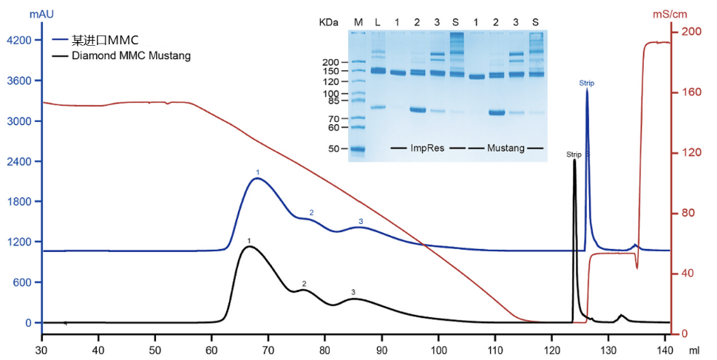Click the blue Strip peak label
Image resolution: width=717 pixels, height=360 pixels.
tap(587, 84)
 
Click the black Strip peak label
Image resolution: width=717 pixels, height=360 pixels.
tap(574, 154)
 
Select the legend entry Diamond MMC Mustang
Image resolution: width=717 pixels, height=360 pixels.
tap(130, 55)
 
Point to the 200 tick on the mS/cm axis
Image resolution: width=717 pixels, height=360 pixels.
tap(692, 32)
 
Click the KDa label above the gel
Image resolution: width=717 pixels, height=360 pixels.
tap(330, 22)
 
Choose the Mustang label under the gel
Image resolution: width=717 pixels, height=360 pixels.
tap(506, 148)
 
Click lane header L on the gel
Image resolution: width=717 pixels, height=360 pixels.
tap(378, 22)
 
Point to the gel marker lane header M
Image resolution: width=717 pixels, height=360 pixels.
tap(358, 22)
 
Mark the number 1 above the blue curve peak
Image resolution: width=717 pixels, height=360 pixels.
tap(258, 172)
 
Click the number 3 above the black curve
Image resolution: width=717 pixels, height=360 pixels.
tap(353, 293)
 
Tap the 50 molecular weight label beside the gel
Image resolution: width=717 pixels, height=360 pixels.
tap(333, 149)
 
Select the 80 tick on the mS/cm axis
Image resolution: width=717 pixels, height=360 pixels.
tap(690, 214)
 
